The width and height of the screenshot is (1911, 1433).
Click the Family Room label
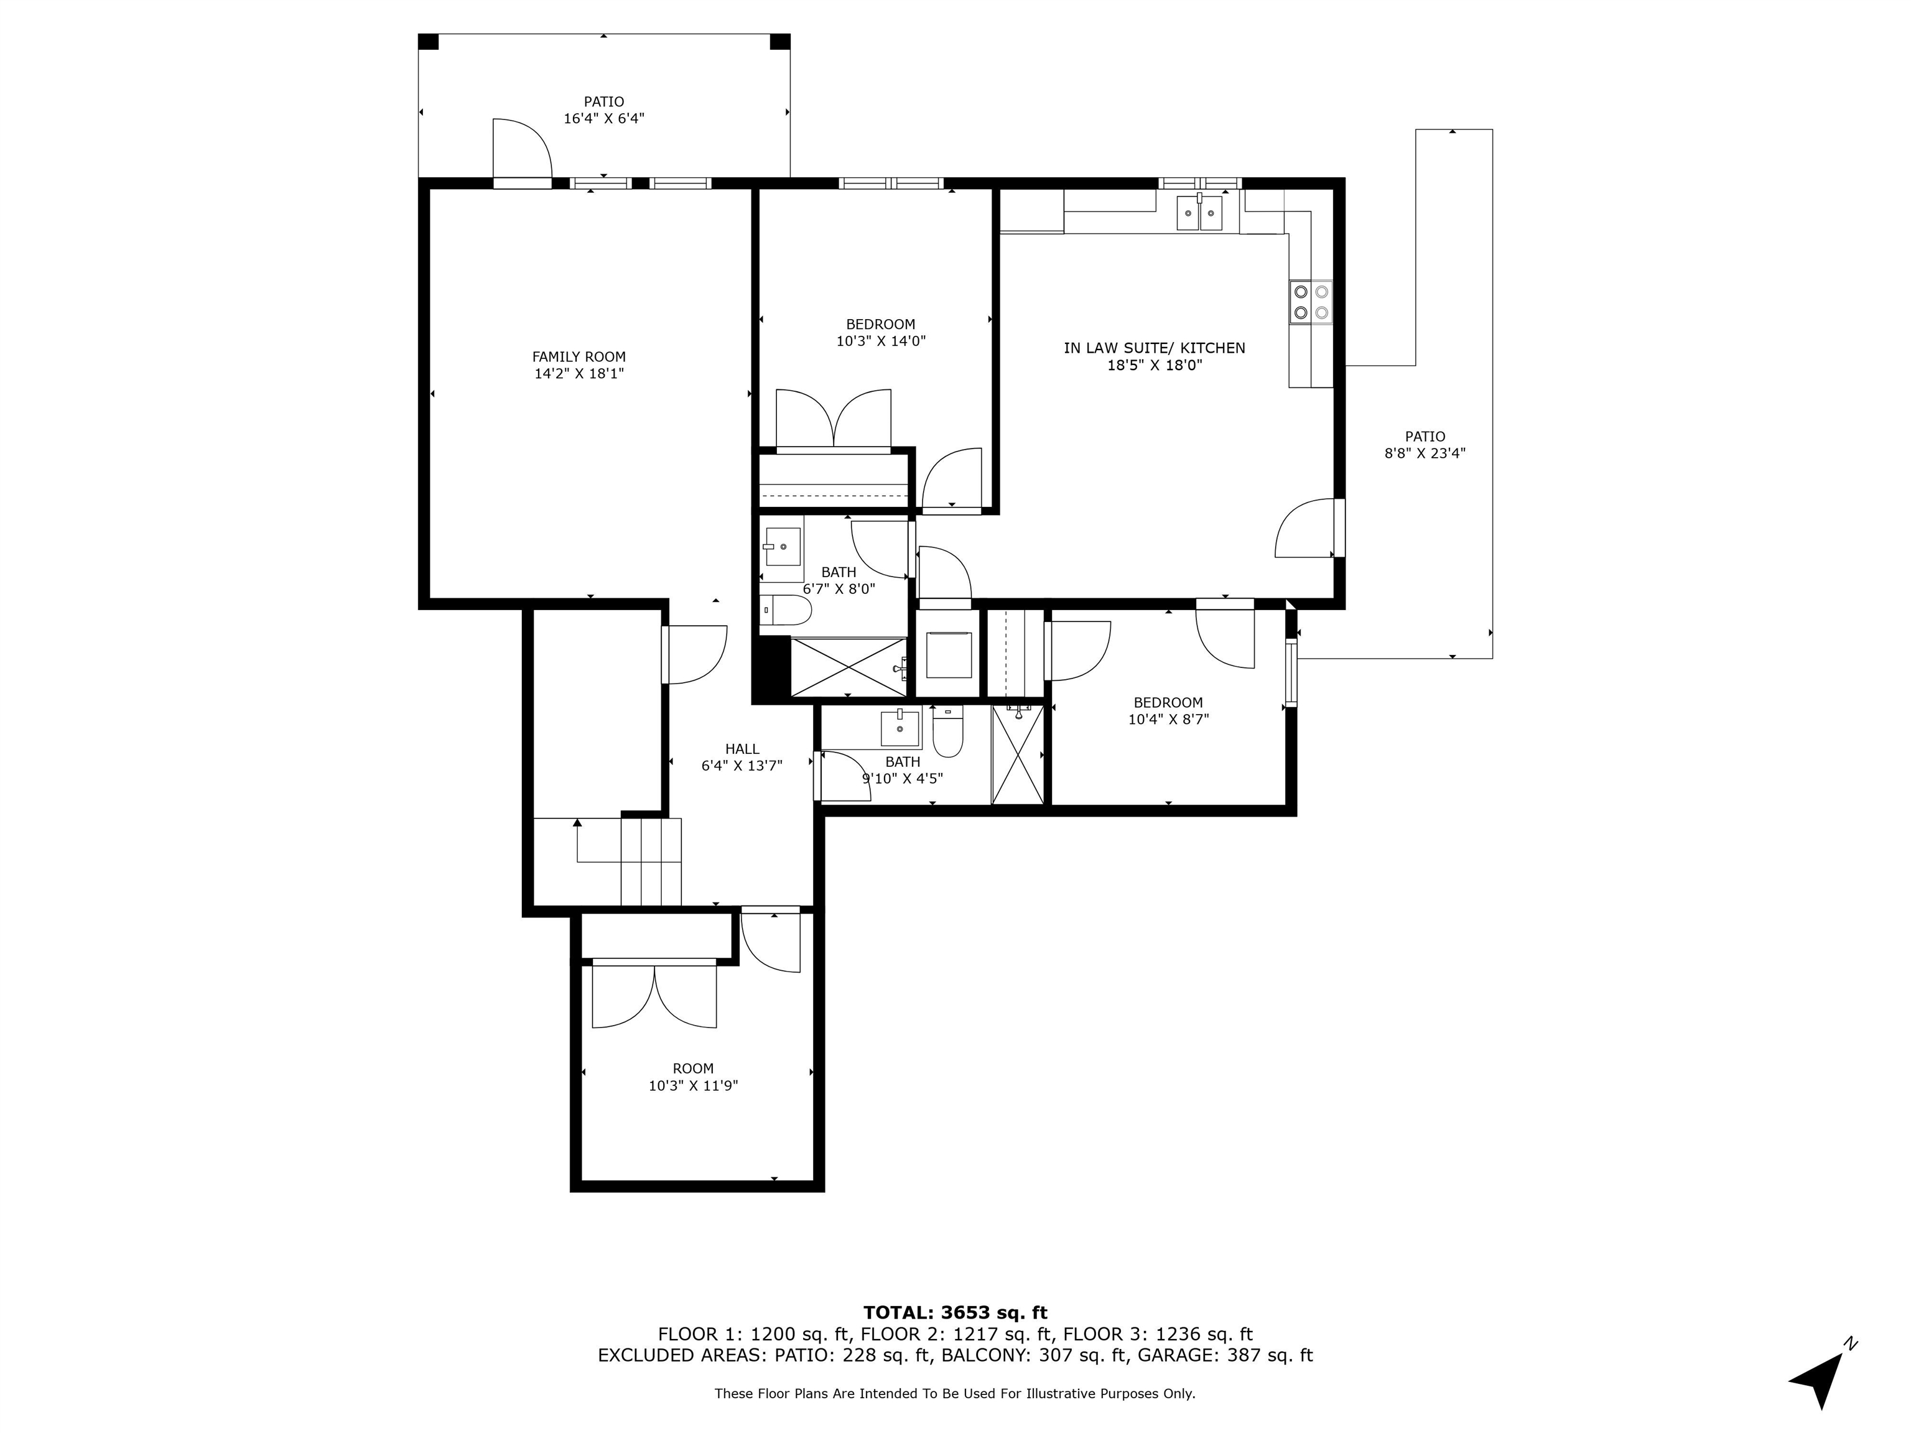579,357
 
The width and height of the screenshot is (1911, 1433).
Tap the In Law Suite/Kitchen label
1154,348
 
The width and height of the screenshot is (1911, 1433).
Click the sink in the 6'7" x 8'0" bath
783,547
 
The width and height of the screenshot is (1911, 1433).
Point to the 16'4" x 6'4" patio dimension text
604,118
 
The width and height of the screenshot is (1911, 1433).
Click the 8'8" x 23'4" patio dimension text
1425,453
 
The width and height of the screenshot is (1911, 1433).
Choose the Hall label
742,749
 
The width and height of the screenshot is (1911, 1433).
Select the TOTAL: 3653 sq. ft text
955,1314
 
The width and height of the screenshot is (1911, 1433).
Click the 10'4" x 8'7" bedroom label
1168,711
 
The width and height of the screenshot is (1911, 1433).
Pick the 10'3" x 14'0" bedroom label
880,333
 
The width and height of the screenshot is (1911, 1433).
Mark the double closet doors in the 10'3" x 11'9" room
654,996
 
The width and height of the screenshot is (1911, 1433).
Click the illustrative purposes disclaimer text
955,1393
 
